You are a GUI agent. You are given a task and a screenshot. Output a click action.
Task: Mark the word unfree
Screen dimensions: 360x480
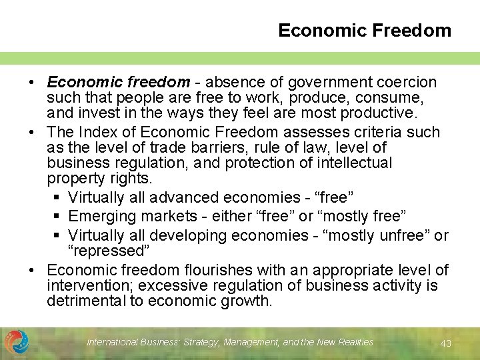coord(402,235)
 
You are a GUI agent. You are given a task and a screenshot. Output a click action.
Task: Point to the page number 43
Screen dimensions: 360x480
coord(446,343)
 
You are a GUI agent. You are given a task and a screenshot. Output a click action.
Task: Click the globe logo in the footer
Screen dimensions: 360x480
coord(17,341)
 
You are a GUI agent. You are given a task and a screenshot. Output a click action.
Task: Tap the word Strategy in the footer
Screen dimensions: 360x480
coord(199,342)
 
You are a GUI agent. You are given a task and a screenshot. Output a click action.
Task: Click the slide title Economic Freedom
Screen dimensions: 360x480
coord(364,31)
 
